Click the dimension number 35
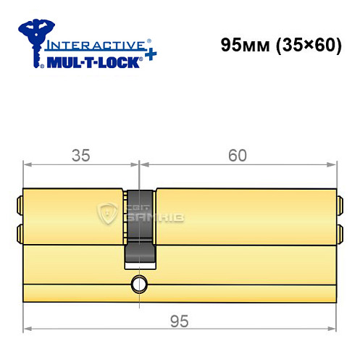82,155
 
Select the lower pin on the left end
20,232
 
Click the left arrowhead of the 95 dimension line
28,328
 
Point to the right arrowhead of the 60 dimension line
334,164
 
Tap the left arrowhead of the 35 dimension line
28,164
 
